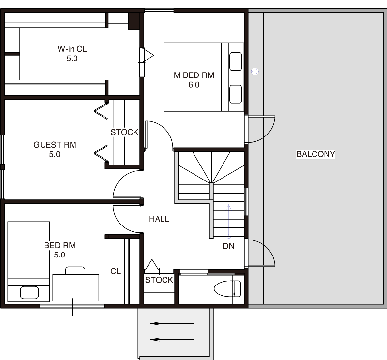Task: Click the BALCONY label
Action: tap(316, 154)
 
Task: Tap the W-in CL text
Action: tap(72, 49)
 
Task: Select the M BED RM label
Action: tap(194, 75)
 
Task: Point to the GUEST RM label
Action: tap(55, 145)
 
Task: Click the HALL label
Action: tap(159, 219)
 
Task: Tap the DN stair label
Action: tap(229, 246)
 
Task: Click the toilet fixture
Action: tap(227, 289)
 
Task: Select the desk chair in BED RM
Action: tap(75, 270)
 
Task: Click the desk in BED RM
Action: tap(76, 287)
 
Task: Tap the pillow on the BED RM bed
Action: tap(30, 293)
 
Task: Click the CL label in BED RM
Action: tap(116, 271)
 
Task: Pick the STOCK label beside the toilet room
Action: tap(159, 280)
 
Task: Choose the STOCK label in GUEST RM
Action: tap(125, 132)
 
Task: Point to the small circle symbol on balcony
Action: tap(255, 71)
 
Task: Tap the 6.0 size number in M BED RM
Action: tap(194, 85)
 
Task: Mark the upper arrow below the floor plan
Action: tap(172, 323)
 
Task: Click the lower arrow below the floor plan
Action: tap(172, 339)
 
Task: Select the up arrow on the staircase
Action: tap(229, 221)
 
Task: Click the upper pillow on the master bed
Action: tap(236, 61)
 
